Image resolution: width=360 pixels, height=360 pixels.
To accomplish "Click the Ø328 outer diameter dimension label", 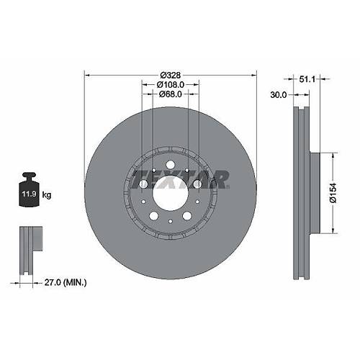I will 170,75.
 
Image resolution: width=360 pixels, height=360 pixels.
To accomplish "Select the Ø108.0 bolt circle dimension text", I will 170,84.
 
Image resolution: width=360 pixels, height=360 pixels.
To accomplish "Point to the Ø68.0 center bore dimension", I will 170,94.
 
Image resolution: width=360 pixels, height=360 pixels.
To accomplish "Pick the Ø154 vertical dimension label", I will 333,192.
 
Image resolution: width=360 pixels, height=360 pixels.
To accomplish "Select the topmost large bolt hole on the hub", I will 170,166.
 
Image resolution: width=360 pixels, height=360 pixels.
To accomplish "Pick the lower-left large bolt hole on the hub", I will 154,215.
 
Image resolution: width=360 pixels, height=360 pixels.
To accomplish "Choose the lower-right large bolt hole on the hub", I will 186,215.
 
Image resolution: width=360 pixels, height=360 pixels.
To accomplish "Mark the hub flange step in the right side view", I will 312,192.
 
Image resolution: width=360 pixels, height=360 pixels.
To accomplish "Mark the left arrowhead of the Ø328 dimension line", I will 87,75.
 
